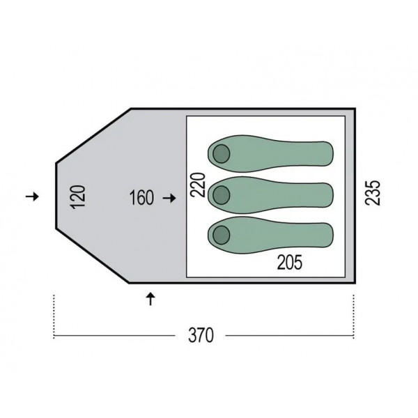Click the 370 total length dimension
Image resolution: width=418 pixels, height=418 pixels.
(x=201, y=335)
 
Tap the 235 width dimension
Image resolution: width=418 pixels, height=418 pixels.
(x=373, y=193)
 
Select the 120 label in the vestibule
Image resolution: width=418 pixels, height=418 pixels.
(x=78, y=196)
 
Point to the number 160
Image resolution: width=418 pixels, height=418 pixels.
(x=141, y=198)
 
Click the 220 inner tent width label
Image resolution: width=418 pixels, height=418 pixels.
(x=199, y=185)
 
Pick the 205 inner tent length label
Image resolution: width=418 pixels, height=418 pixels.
(x=290, y=263)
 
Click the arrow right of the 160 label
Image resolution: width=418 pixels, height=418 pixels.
(x=169, y=198)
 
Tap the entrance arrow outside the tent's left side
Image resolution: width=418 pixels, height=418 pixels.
(x=32, y=196)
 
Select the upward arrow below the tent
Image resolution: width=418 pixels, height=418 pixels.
(x=151, y=299)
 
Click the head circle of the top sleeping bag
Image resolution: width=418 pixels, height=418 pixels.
(x=222, y=154)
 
